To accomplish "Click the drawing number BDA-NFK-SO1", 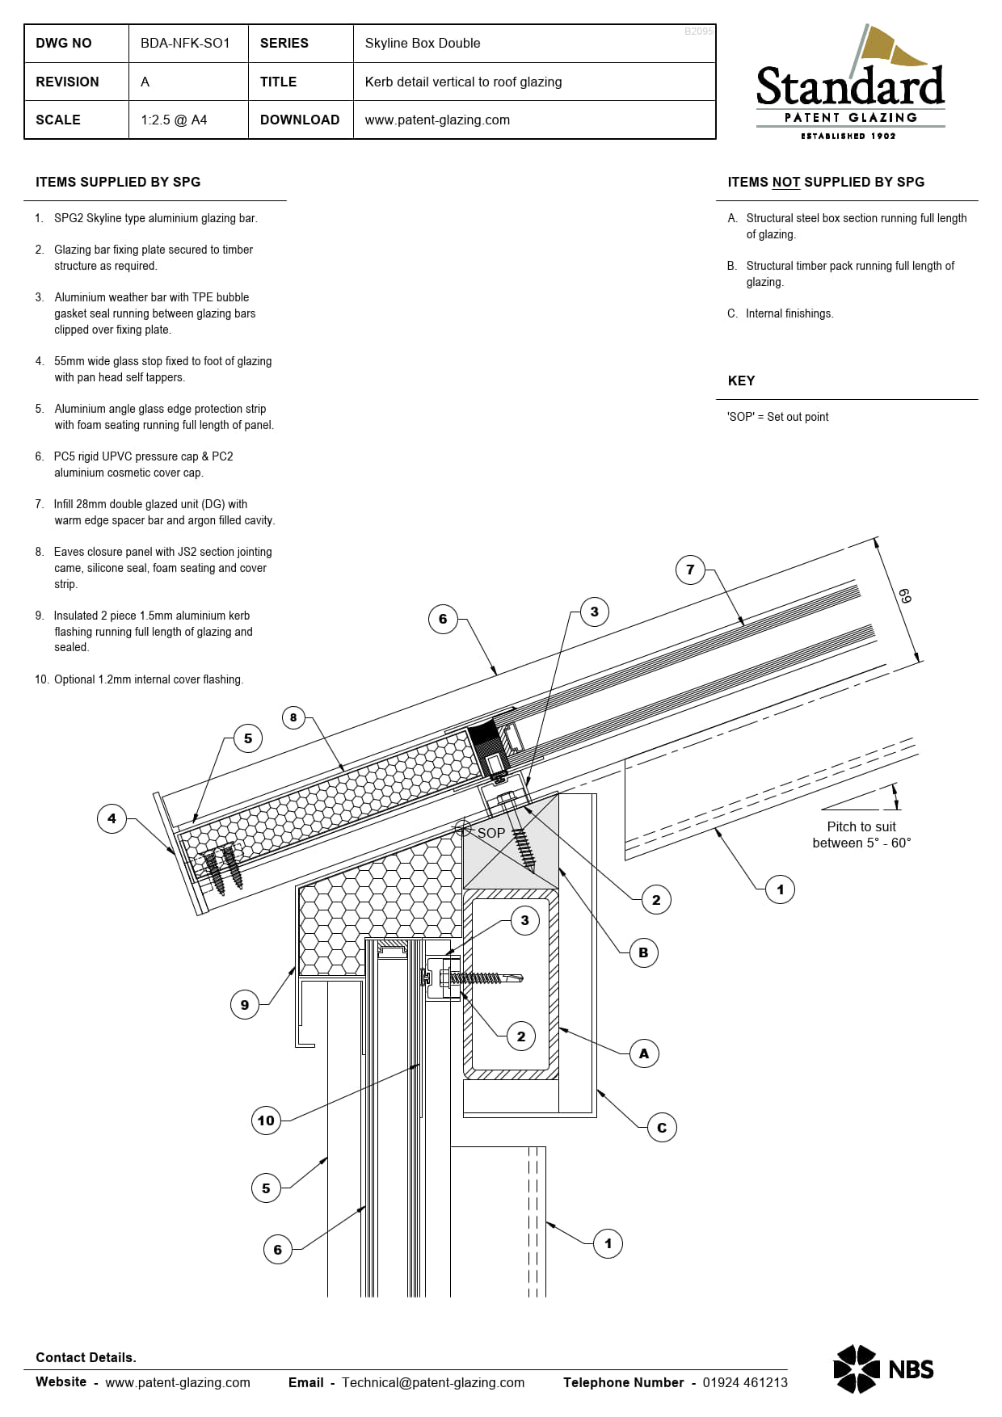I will [x=185, y=43].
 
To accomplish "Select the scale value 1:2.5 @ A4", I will [x=174, y=120].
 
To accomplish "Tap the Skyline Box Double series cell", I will [x=423, y=43].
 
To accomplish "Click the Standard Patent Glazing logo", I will [x=850, y=85].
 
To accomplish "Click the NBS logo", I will [x=883, y=1369].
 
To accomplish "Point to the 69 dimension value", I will [x=905, y=597].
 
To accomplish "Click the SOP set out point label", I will [x=490, y=832].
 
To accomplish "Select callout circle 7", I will [x=690, y=570].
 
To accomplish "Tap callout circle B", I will [x=643, y=952].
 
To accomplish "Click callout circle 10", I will [x=266, y=1121].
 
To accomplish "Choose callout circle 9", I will [x=245, y=1005].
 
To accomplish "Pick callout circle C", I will [x=662, y=1128].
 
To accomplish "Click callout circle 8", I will [x=293, y=717].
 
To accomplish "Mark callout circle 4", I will [x=112, y=818].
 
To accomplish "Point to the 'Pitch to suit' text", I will [x=861, y=826].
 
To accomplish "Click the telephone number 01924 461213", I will [x=744, y=1382].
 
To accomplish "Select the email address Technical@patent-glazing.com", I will [x=432, y=1382].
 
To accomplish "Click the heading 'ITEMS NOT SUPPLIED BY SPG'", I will [x=826, y=182].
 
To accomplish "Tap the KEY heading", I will [x=741, y=381].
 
